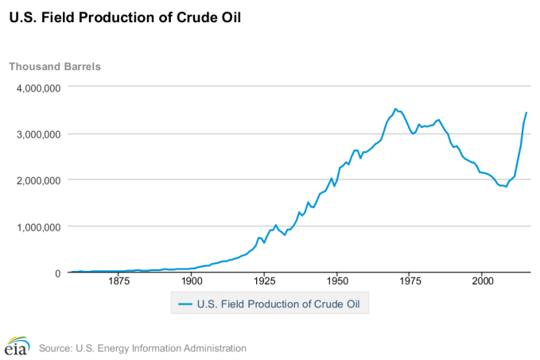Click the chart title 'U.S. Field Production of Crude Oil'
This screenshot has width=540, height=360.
(125, 15)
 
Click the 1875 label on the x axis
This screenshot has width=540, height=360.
(118, 281)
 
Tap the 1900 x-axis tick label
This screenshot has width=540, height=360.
(191, 281)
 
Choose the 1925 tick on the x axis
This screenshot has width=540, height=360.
(264, 281)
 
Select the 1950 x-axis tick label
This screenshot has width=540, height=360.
(337, 281)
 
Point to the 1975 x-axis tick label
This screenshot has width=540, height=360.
(410, 281)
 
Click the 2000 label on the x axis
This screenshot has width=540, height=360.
(483, 281)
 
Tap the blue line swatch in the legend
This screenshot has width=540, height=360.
(185, 303)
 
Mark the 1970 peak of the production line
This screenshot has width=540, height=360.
(395, 109)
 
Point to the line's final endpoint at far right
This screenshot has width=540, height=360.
(526, 113)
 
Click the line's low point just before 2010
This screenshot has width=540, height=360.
(507, 186)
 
